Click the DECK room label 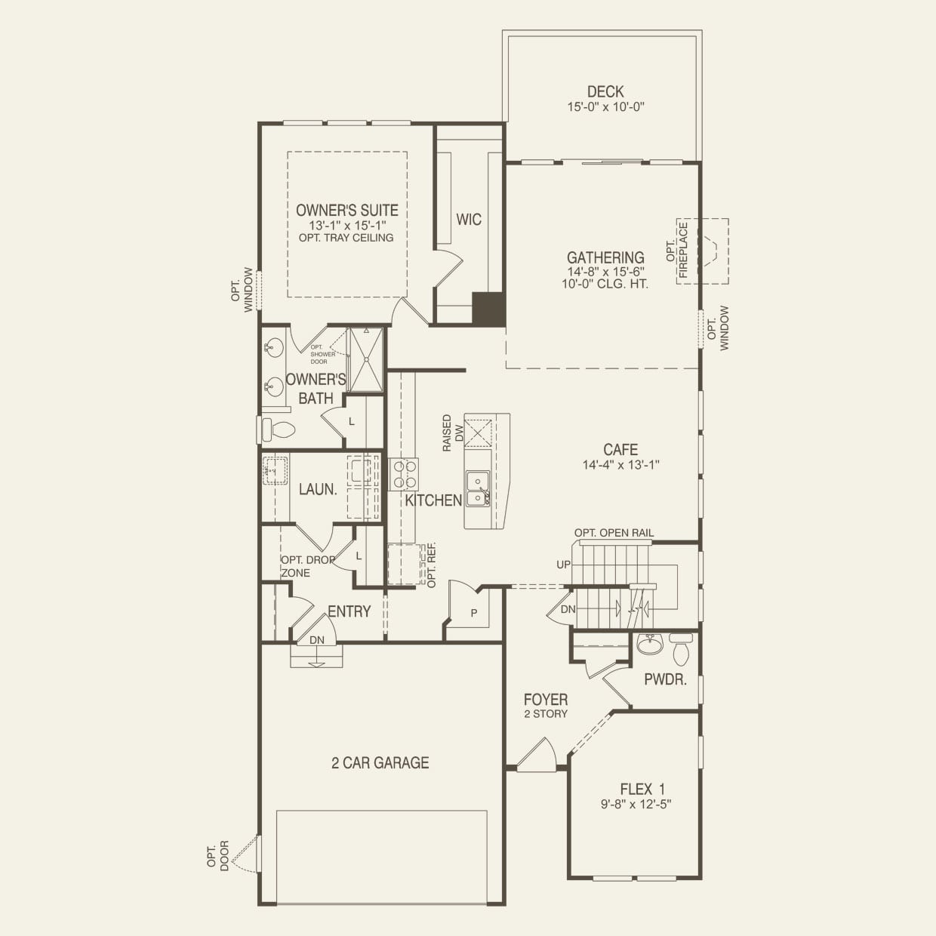[605, 91]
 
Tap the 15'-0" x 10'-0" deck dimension [605, 107]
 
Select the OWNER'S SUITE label [346, 210]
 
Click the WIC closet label [469, 220]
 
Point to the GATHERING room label [605, 257]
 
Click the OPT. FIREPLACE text [677, 249]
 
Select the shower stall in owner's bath [366, 359]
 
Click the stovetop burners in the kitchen [404, 474]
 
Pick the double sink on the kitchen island [479, 488]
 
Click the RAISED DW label [453, 433]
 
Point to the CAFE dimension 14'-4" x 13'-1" [620, 465]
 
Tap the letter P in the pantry [474, 613]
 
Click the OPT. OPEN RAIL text [614, 533]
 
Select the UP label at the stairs [563, 565]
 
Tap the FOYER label [546, 700]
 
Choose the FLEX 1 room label [642, 790]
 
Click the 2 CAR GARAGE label [380, 762]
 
